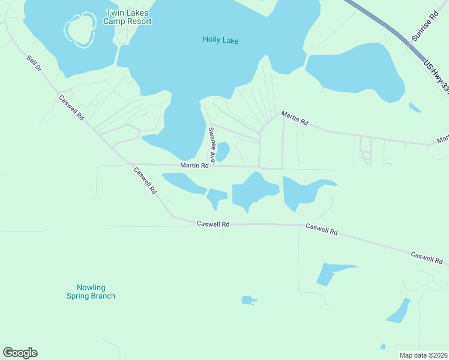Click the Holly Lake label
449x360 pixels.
pyautogui.click(x=220, y=40)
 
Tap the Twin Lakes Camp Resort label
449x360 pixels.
pyautogui.click(x=127, y=17)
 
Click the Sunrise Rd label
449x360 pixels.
pyautogui.click(x=424, y=29)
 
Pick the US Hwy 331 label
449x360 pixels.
pyautogui.click(x=436, y=77)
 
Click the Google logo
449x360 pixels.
pyautogui.click(x=20, y=353)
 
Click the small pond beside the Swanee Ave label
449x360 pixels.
pyautogui.click(x=223, y=151)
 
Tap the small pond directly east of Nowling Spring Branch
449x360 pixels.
pyautogui.click(x=248, y=299)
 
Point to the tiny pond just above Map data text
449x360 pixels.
pyautogui.click(x=383, y=346)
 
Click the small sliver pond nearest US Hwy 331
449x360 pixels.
pyautogui.click(x=415, y=108)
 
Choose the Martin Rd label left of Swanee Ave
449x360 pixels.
pyautogui.click(x=194, y=165)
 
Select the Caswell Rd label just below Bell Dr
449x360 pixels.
pyautogui.click(x=71, y=107)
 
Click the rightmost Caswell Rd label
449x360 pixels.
pyautogui.click(x=426, y=259)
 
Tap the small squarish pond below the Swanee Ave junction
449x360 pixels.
pyautogui.click(x=217, y=196)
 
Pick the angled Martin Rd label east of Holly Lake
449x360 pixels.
pyautogui.click(x=295, y=118)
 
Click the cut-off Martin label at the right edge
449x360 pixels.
pyautogui.click(x=443, y=139)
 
